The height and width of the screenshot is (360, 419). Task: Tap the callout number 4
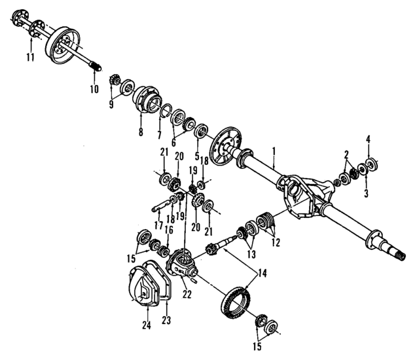click(368, 139)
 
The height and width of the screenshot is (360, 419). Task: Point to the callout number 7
click(159, 135)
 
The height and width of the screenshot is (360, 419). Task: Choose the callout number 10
click(93, 88)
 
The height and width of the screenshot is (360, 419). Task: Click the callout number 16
click(169, 230)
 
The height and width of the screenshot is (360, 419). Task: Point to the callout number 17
click(158, 224)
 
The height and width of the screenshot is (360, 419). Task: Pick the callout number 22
click(187, 295)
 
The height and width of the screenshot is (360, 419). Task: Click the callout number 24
click(146, 324)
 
